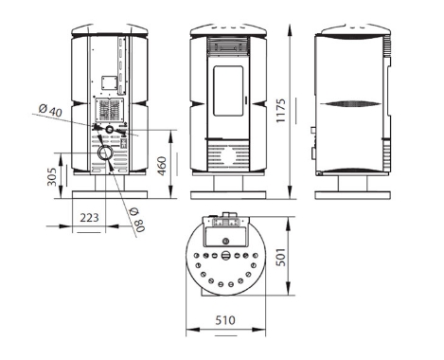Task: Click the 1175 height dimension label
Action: [x=280, y=111]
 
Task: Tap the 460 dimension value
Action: [x=162, y=166]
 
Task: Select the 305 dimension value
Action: [x=52, y=177]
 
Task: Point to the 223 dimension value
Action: [x=89, y=218]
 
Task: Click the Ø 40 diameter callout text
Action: [x=50, y=111]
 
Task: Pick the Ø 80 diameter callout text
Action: [x=137, y=220]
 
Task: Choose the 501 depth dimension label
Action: [x=280, y=257]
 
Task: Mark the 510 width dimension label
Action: [x=225, y=320]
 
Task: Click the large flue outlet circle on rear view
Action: [x=104, y=153]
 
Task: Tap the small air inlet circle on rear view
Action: [x=110, y=129]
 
